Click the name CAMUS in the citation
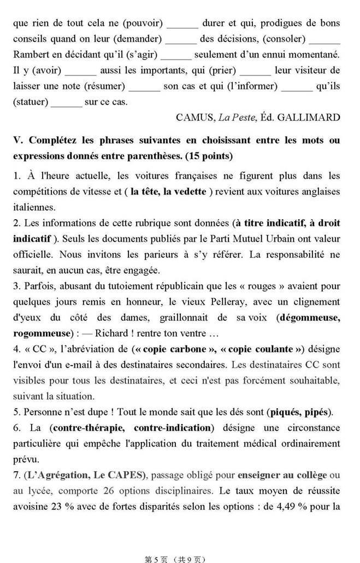coord(195,117)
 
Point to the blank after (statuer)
coord(66,102)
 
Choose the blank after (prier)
coord(255,71)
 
